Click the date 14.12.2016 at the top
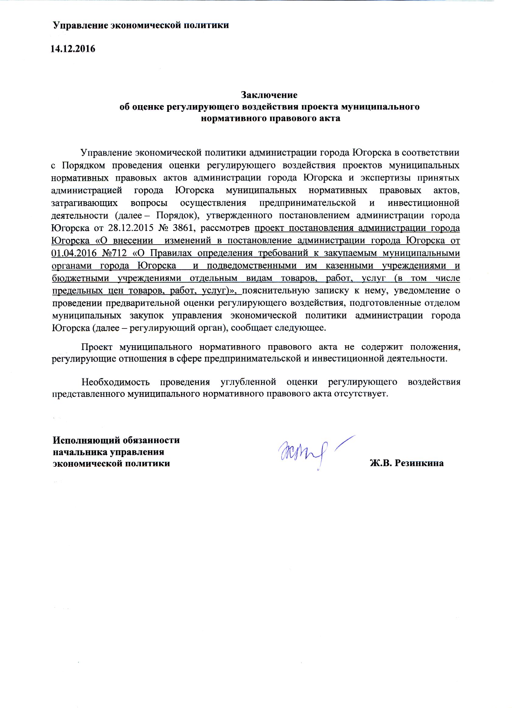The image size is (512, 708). point(73,49)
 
